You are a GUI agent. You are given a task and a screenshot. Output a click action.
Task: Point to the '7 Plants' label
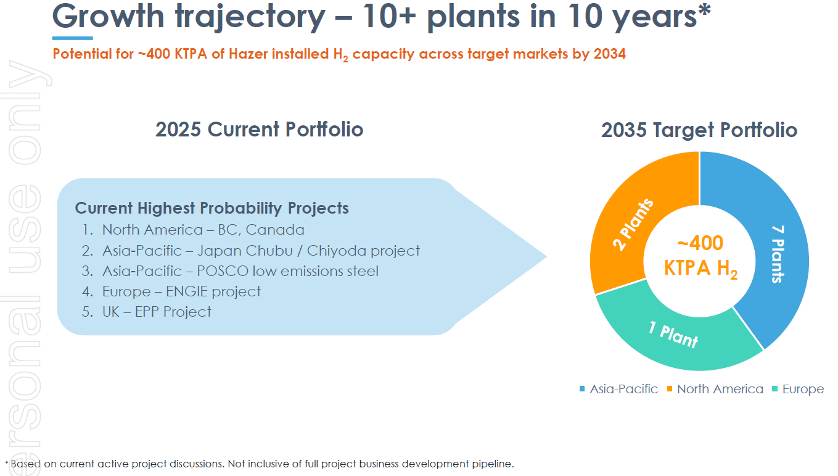point(778,254)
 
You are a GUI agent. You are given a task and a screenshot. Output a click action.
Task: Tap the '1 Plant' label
point(673,335)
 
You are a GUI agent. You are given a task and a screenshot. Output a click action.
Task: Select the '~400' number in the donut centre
point(700,243)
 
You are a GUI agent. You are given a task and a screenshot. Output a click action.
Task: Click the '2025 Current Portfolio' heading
point(259,130)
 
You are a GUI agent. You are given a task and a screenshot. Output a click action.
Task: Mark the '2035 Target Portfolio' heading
point(699,130)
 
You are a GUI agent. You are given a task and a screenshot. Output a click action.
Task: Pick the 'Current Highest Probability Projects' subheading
point(212,208)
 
